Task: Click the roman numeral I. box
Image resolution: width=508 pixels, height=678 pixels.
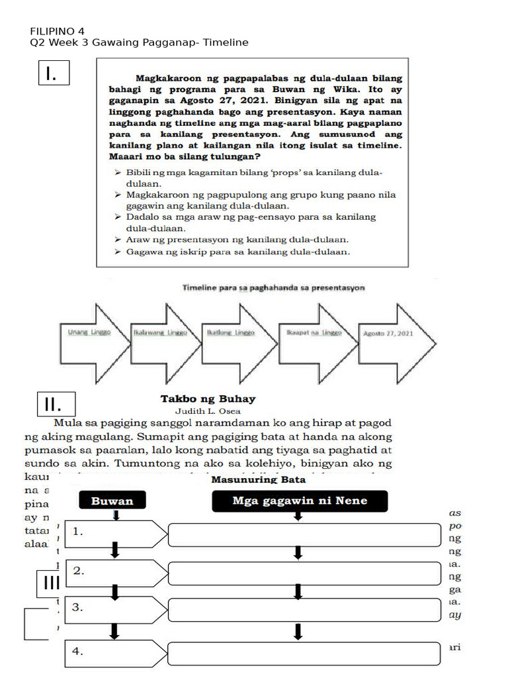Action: point(55,73)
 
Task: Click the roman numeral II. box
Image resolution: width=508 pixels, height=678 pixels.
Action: point(57,403)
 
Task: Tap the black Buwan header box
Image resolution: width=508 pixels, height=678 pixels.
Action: point(112,501)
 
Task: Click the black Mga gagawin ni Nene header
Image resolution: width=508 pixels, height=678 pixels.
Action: point(299,501)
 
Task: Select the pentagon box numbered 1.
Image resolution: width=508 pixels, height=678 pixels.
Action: point(116,532)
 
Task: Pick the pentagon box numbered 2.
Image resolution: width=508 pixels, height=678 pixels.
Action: point(116,571)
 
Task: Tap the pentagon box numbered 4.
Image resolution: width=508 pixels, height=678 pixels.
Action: point(116,652)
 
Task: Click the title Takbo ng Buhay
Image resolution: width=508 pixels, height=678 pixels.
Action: point(208,399)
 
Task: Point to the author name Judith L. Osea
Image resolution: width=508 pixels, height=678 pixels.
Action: point(208,411)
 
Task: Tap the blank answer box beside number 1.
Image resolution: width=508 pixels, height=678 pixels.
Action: point(304,534)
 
